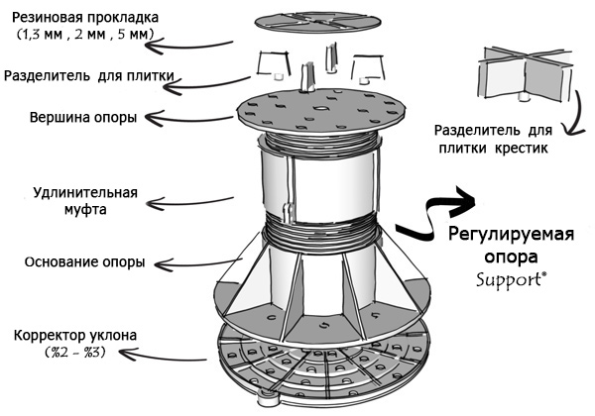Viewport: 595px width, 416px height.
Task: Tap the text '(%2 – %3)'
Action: (x=69, y=354)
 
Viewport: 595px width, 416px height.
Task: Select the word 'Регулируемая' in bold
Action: (x=509, y=236)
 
